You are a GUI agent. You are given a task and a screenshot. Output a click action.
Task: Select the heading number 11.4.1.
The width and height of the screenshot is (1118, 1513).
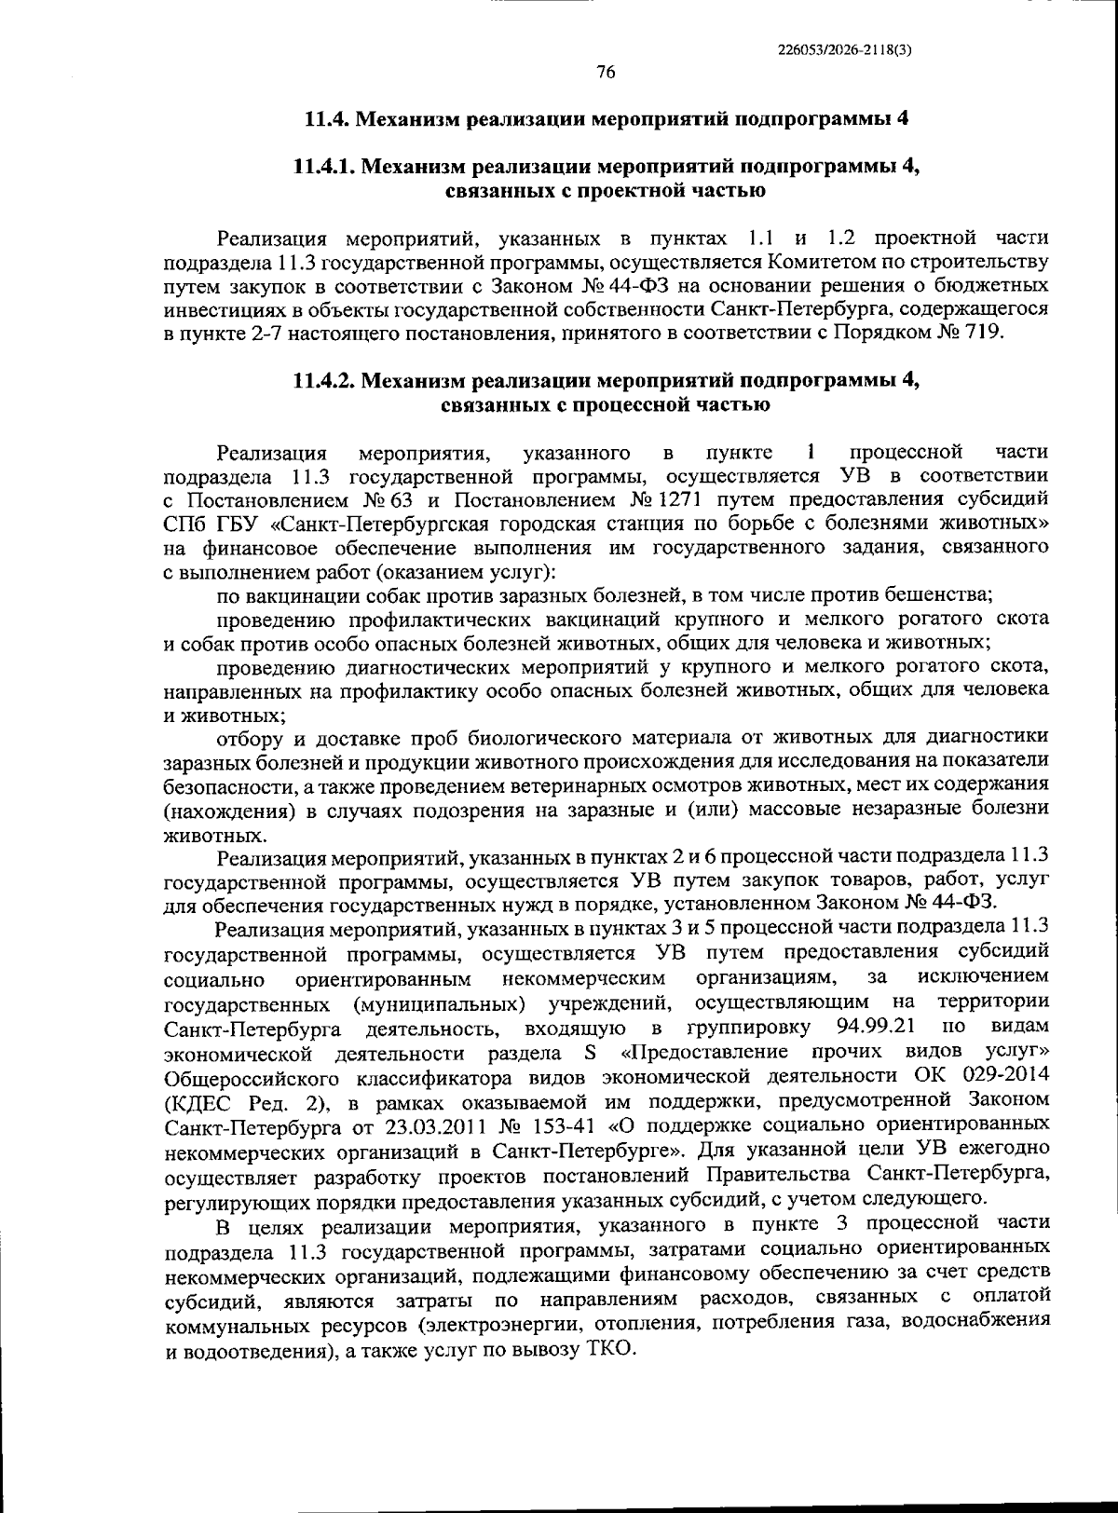click(323, 167)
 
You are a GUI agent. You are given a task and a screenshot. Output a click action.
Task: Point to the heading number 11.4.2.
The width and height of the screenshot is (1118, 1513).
click(323, 380)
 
